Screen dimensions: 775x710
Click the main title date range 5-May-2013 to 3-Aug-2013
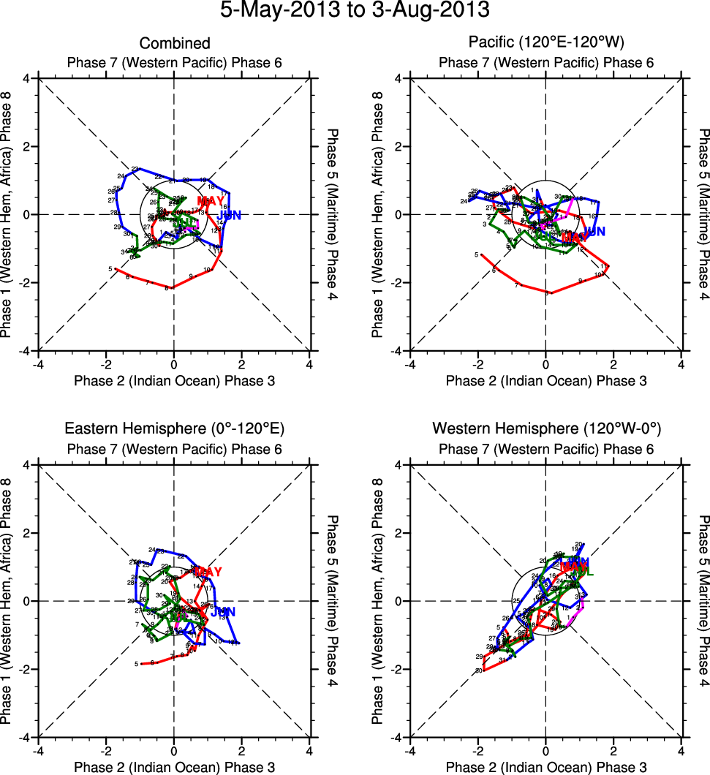point(355,11)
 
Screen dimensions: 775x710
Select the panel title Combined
point(175,44)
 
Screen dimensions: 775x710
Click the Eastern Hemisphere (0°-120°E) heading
point(174,428)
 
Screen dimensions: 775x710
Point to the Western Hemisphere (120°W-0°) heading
point(546,428)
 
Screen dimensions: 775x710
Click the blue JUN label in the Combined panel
point(229,216)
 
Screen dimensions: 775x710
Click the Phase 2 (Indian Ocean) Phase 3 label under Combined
point(174,380)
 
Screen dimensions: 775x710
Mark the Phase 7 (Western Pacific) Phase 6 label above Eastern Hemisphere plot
point(174,449)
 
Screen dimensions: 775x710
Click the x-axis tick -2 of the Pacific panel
point(477,364)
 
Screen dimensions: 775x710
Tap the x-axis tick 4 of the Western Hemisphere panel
point(681,751)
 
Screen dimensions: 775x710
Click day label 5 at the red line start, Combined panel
point(110,269)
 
